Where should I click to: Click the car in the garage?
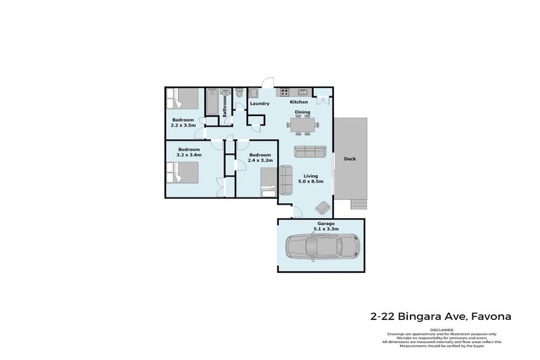[x=323, y=247]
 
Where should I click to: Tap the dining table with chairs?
[x=302, y=125]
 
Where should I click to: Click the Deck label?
[x=349, y=159]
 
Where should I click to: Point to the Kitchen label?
[x=300, y=102]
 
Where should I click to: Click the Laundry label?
[x=259, y=104]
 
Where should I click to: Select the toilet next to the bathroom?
[x=240, y=92]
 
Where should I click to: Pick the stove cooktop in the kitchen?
[x=285, y=91]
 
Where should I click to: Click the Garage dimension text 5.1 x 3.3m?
[x=326, y=229]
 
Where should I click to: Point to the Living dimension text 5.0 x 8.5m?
[x=310, y=182]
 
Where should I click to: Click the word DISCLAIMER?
[x=440, y=329]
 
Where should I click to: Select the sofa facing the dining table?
[x=310, y=150]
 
